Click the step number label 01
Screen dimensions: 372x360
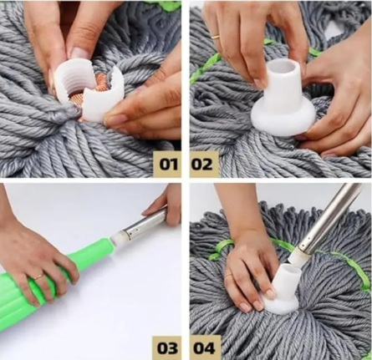[x=168, y=165]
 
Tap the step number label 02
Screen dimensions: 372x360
[x=202, y=165]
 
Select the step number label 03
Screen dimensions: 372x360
[x=167, y=347]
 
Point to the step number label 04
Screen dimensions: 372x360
[x=204, y=348]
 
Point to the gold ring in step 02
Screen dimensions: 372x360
[x=216, y=37]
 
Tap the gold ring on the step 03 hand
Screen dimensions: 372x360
[x=38, y=277]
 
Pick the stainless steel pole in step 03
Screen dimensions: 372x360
[x=146, y=226]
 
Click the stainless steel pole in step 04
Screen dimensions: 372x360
[x=329, y=219]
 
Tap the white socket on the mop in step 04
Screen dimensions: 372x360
[x=282, y=290]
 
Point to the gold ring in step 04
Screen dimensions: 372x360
[x=228, y=275]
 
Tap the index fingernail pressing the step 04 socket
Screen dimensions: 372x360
[x=269, y=293]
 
